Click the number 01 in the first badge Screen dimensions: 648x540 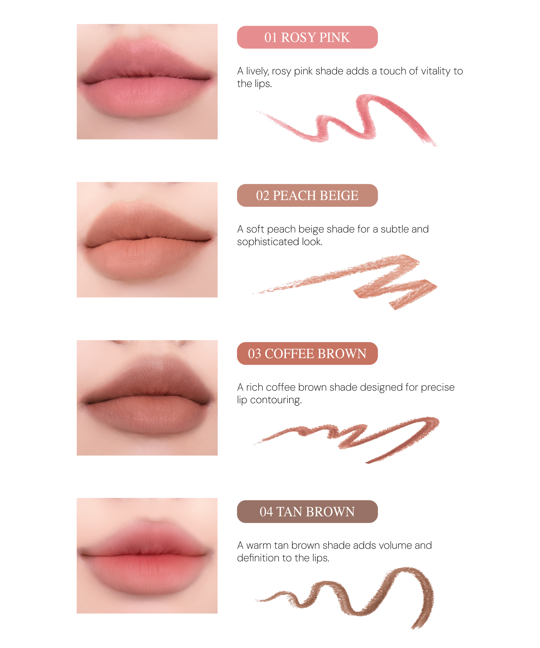[271, 37]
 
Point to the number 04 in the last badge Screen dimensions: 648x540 [266, 512]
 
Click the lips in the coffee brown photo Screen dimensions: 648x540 [147, 398]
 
